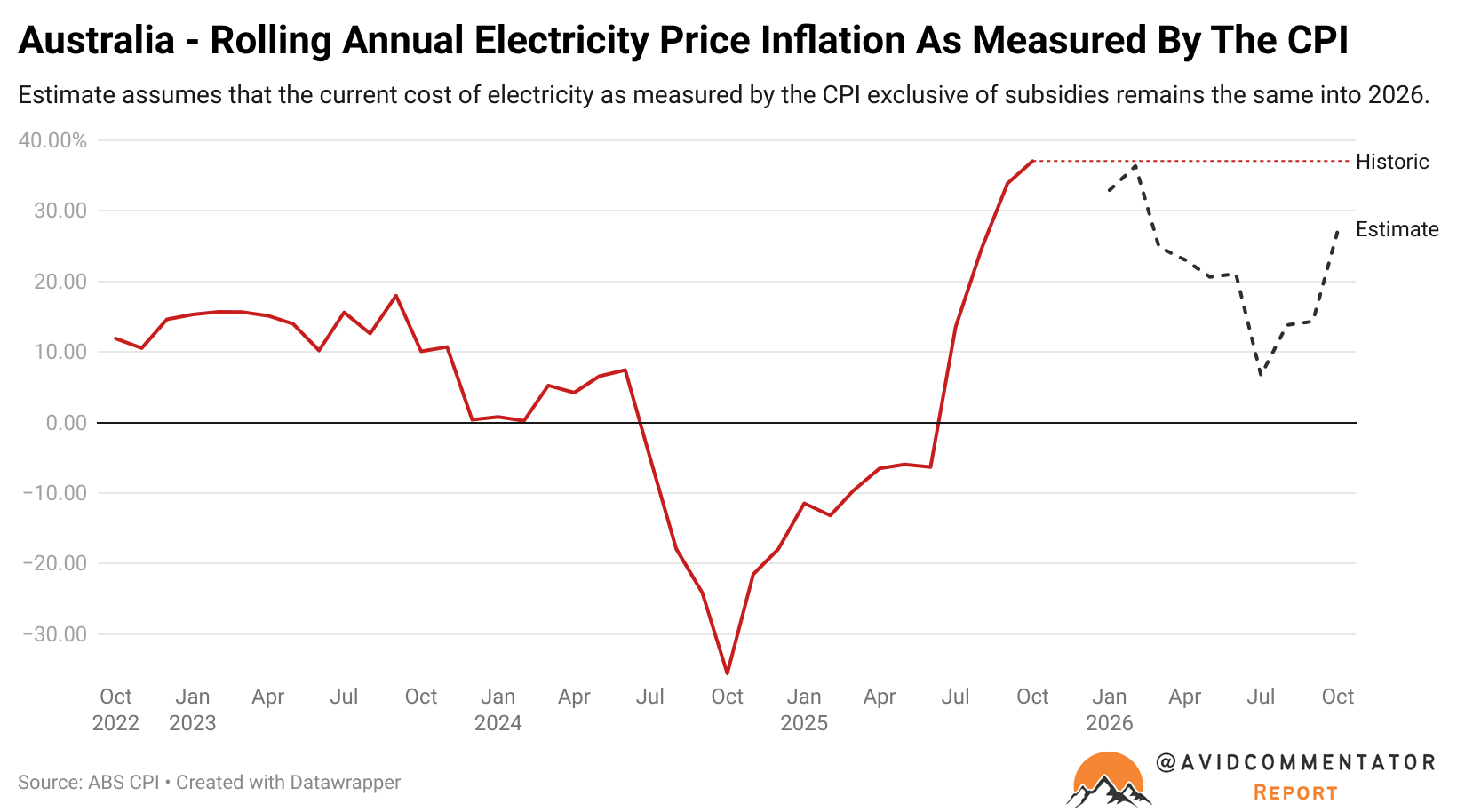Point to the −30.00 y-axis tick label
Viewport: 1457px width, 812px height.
pyautogui.click(x=55, y=634)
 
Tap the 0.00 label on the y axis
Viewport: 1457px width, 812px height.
pyautogui.click(x=66, y=423)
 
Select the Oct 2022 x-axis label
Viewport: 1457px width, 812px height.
pyautogui.click(x=115, y=709)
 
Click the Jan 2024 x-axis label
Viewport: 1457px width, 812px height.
pyautogui.click(x=498, y=709)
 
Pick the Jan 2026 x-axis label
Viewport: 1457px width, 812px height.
pyautogui.click(x=1109, y=709)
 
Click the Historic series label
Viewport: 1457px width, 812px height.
pyautogui.click(x=1392, y=162)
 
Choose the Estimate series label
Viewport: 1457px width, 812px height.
pyautogui.click(x=1397, y=229)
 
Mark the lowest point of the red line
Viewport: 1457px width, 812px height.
pyautogui.click(x=728, y=673)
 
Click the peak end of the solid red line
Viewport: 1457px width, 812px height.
pyautogui.click(x=1032, y=161)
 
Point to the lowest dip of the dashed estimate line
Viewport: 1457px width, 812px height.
pyautogui.click(x=1261, y=375)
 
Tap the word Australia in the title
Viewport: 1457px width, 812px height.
pyautogui.click(x=96, y=41)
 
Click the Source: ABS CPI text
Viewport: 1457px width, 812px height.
pyautogui.click(x=88, y=783)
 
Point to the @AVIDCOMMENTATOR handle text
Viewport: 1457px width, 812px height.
pyautogui.click(x=1295, y=762)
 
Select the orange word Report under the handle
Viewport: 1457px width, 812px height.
pyautogui.click(x=1295, y=792)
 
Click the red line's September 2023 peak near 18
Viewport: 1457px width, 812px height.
pyautogui.click(x=395, y=295)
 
